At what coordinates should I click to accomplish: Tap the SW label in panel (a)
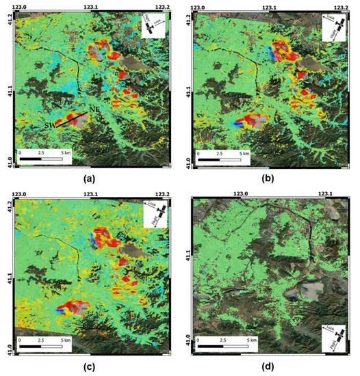click(51, 127)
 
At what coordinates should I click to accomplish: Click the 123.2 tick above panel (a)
click(162, 5)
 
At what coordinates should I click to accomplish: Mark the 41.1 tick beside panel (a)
click(6, 89)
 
